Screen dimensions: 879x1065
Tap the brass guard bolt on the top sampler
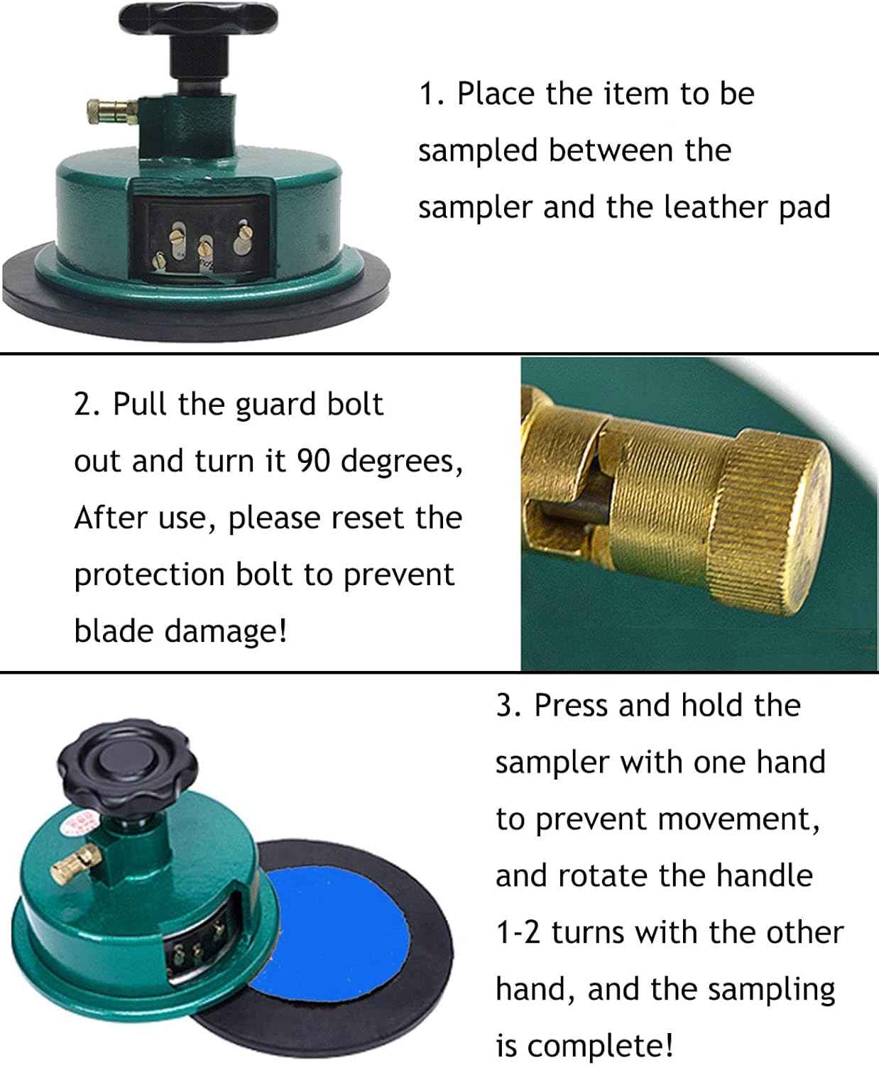[111, 111]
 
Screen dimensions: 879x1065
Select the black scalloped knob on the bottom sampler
[128, 766]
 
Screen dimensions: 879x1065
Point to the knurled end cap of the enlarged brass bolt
[770, 521]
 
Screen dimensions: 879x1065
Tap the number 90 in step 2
[315, 461]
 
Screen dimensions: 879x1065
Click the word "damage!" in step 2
[226, 631]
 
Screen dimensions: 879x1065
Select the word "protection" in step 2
[150, 575]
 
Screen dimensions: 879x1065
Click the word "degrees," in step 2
[401, 462]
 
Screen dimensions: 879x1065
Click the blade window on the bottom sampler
[202, 946]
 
